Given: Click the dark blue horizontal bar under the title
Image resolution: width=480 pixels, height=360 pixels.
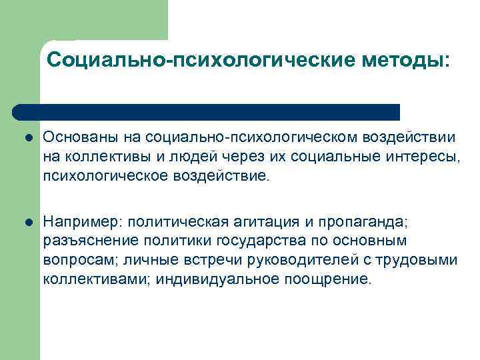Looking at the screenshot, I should (207, 111).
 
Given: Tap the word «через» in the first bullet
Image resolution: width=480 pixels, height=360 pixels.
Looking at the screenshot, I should (237, 157).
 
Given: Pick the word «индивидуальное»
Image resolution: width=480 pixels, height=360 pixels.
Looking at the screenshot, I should (218, 279).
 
